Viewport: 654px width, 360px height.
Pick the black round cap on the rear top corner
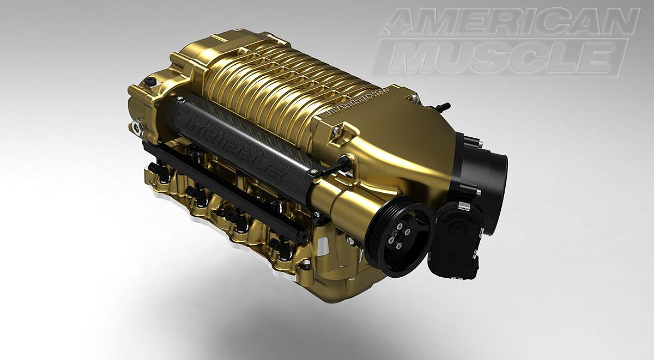[150, 82]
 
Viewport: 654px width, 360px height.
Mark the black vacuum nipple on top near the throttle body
[442, 107]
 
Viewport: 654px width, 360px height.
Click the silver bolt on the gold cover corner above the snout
[338, 131]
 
